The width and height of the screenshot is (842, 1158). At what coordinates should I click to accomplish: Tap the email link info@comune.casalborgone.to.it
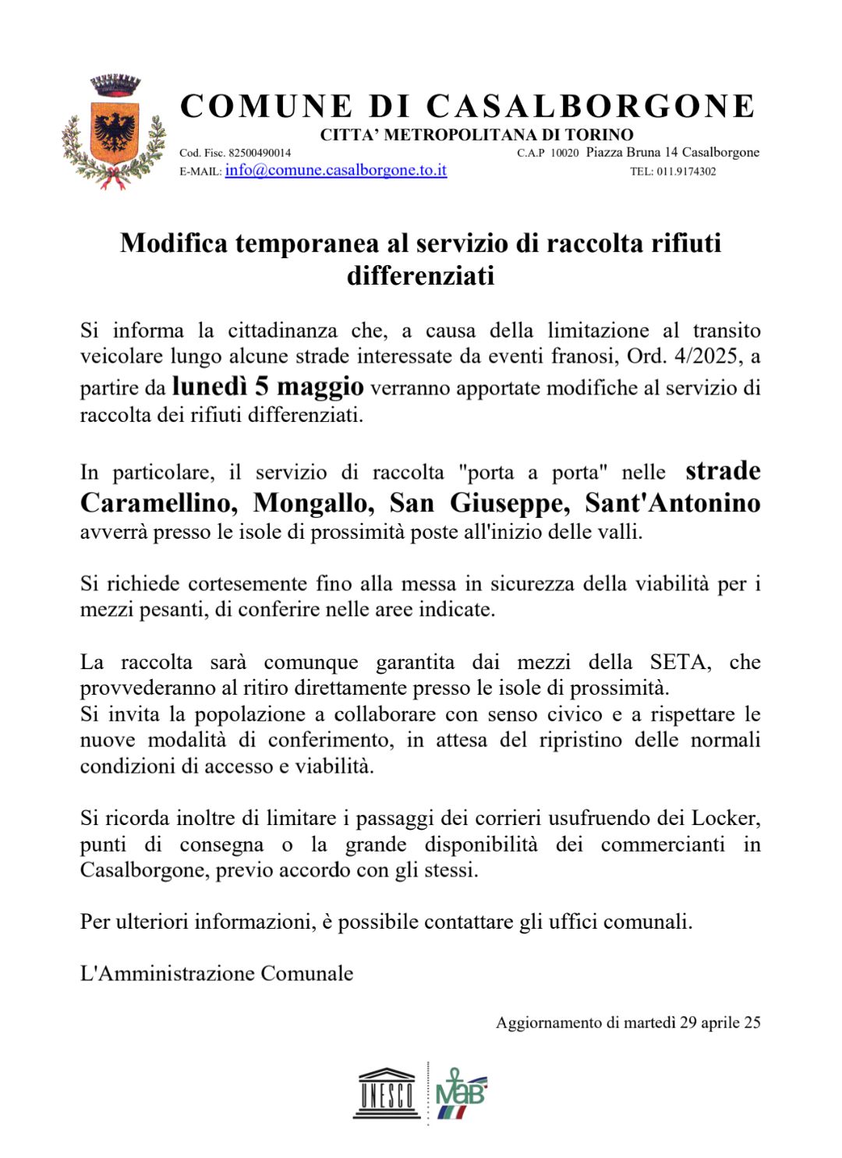click(335, 170)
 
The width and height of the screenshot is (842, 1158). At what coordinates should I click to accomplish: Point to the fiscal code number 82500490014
click(260, 153)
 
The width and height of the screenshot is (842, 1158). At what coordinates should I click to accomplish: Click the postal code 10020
click(564, 153)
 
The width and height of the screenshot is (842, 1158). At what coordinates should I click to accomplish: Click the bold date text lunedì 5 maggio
click(267, 386)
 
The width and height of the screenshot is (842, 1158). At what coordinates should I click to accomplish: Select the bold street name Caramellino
click(159, 503)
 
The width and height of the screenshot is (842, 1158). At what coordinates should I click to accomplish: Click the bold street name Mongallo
click(313, 503)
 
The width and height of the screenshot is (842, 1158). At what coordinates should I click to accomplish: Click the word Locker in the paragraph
click(724, 818)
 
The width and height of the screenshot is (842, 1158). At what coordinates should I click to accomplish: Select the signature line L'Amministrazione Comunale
click(217, 973)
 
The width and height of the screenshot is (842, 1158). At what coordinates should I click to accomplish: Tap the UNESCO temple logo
click(387, 1092)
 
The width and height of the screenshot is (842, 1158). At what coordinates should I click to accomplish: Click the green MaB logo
click(461, 1093)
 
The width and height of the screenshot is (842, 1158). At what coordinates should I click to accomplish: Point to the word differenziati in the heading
click(420, 276)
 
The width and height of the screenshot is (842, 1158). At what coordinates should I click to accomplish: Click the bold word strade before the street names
click(722, 471)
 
